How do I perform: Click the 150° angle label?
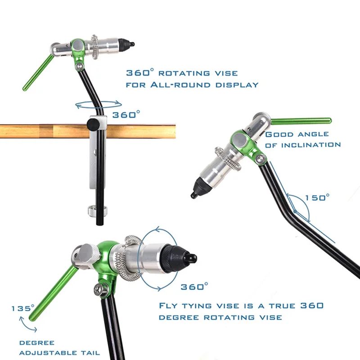tap(317, 198)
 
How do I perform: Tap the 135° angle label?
tap(23, 309)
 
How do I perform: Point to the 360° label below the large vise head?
tap(194, 286)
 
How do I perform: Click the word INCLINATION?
tap(311, 145)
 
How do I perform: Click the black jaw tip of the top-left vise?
tap(130, 44)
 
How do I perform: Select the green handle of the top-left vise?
tap(38, 72)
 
